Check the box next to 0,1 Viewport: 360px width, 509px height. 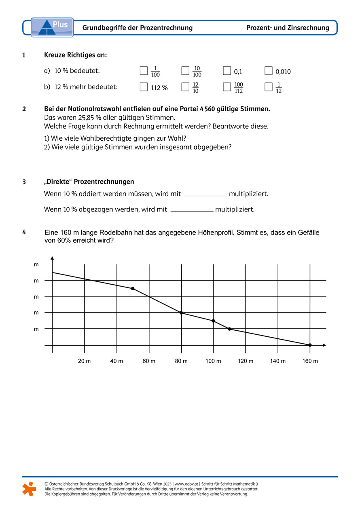click(x=227, y=71)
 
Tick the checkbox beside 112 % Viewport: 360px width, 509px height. click(x=144, y=87)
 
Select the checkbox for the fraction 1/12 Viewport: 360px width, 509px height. click(x=268, y=87)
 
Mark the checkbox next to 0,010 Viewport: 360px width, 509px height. click(x=269, y=71)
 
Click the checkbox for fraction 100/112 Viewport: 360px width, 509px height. click(x=227, y=87)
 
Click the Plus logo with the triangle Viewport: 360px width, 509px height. click(x=52, y=27)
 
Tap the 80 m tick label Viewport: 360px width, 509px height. click(x=181, y=361)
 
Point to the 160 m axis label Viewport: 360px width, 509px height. click(x=310, y=361)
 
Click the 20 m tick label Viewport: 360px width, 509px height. click(x=85, y=361)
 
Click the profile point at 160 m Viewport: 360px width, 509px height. click(x=310, y=345)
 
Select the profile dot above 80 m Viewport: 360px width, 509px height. click(x=181, y=313)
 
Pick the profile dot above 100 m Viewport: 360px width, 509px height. click(x=213, y=321)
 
